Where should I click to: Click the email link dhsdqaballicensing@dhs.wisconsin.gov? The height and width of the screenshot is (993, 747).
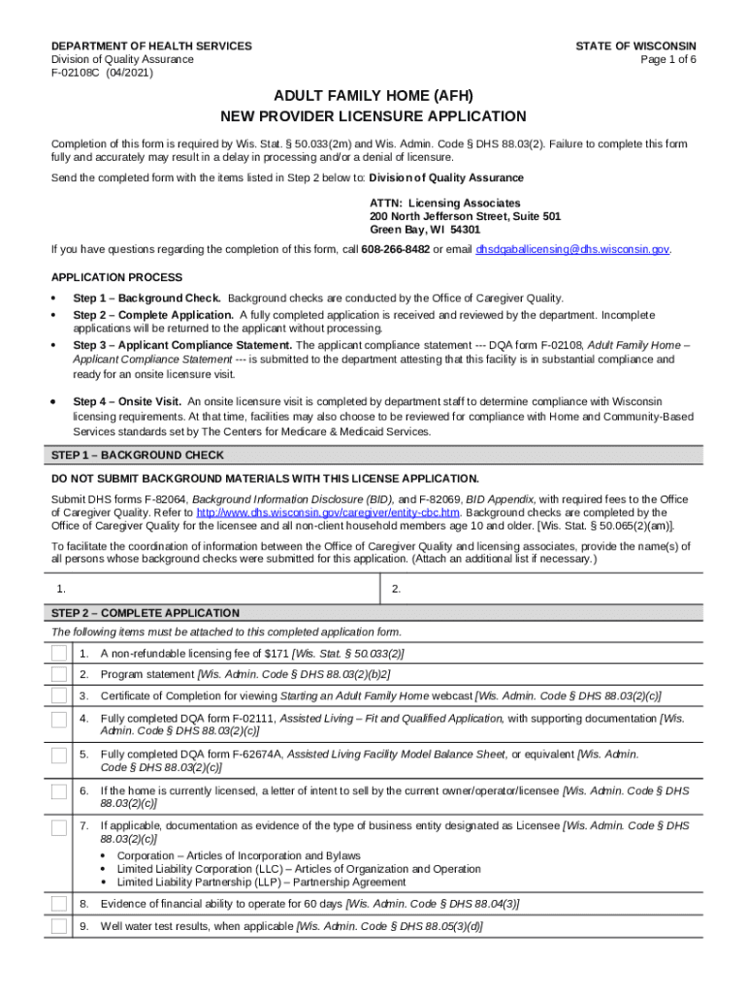pos(572,249)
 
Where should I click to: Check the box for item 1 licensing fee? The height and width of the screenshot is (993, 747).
pos(59,654)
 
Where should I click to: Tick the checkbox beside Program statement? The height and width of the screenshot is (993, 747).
pos(59,674)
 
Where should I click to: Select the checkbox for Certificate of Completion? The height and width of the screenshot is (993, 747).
pos(59,695)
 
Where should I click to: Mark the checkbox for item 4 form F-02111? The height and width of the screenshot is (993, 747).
pos(59,720)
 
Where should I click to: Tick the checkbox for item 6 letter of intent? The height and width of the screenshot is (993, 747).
pos(59,791)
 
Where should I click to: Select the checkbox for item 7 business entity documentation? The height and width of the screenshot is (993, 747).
pos(59,826)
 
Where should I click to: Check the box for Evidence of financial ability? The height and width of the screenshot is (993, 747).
pos(59,904)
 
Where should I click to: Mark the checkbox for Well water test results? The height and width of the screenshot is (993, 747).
pos(59,926)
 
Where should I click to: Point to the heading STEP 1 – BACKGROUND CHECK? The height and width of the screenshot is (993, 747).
pos(137,455)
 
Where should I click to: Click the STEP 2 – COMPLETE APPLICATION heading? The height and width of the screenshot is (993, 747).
pos(145,613)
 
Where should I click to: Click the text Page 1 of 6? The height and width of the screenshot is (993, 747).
pos(668,59)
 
